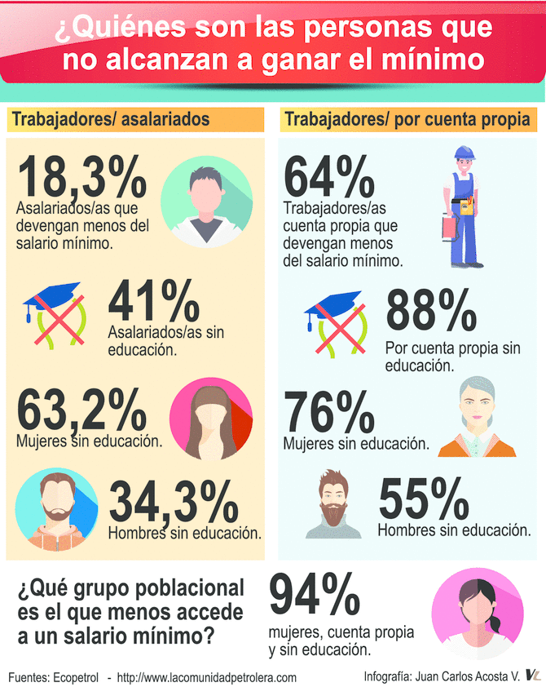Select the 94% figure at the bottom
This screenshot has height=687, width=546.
[x=315, y=597]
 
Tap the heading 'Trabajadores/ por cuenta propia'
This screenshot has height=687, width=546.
[x=407, y=120]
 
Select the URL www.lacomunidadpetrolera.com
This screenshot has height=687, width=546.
[x=207, y=676]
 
